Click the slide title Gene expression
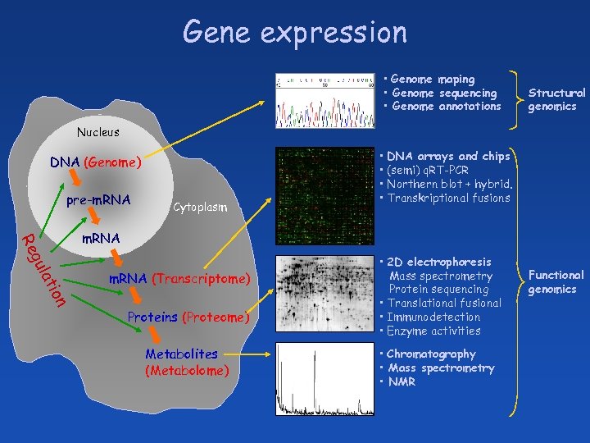(295, 32)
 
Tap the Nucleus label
(98, 132)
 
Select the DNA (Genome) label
(96, 162)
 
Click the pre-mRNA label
(98, 199)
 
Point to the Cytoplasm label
(199, 208)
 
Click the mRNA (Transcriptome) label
(179, 279)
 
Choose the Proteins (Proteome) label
(188, 317)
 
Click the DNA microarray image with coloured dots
(324, 196)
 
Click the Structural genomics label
(556, 100)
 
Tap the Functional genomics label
(556, 282)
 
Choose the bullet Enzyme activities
(433, 331)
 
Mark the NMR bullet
(402, 382)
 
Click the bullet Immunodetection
(433, 317)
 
